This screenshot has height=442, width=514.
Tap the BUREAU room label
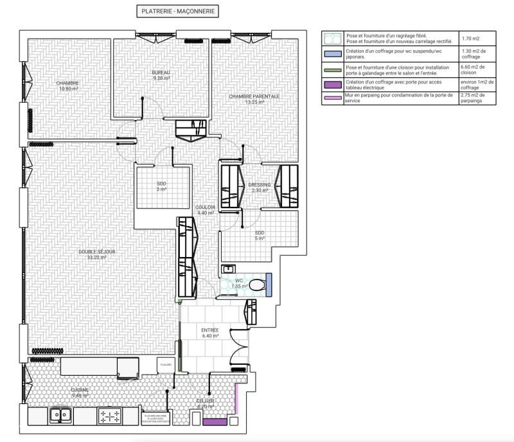click(161, 76)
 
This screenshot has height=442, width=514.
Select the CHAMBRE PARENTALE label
click(254, 99)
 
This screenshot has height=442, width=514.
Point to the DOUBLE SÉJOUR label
click(97, 254)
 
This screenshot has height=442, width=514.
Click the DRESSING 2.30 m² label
click(260, 188)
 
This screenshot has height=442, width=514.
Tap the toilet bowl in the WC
click(256, 284)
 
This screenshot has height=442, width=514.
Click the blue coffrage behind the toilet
click(269, 284)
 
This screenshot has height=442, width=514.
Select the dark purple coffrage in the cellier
click(215, 422)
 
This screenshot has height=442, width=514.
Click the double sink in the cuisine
click(61, 416)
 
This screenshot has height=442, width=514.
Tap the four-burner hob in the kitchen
click(109, 416)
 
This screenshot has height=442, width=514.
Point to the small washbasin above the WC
click(227, 269)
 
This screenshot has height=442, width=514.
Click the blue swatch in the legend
click(332, 54)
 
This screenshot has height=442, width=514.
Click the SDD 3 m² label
click(161, 186)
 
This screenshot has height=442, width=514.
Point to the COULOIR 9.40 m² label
click(206, 210)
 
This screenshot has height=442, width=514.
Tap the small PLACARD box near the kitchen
click(166, 364)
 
